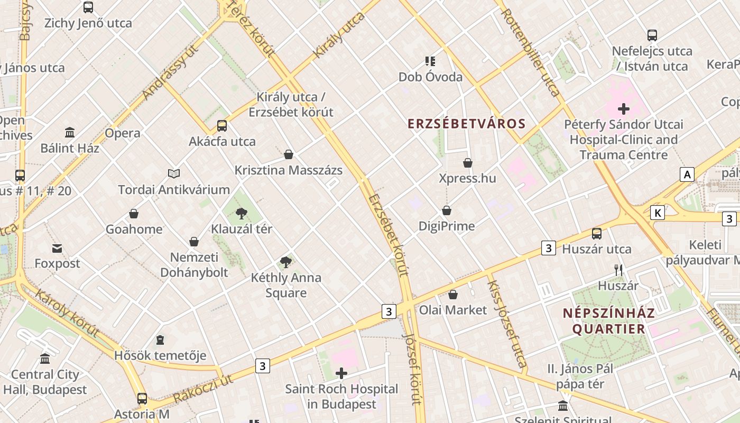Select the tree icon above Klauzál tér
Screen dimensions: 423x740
pos(242,214)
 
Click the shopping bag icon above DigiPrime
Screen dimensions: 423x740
pos(447,210)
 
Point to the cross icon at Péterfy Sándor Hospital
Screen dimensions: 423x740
pos(624,109)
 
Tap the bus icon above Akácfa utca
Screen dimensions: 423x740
pos(222,126)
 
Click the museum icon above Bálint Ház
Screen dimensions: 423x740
pos(70,132)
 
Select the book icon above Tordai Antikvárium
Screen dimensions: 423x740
pos(174,173)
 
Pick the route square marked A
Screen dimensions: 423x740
pos(687,174)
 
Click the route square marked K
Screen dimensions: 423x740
pos(657,213)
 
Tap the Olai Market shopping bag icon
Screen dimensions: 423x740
pos(452,295)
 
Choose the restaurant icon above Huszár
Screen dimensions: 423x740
pos(618,270)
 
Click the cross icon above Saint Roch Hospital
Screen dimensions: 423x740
pos(341,373)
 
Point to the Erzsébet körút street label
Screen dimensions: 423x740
pos(389,235)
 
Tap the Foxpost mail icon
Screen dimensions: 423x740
pos(57,248)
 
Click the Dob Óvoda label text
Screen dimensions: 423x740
pos(430,77)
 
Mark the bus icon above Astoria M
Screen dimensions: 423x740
pos(142,398)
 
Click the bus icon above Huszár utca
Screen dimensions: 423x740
pos(597,233)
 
